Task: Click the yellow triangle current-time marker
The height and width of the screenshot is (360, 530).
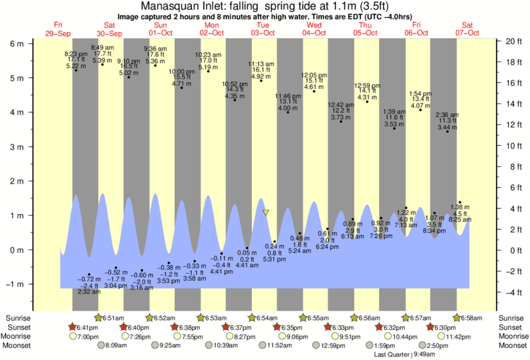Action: coord(266,212)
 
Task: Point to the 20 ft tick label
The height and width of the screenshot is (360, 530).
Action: coord(513,41)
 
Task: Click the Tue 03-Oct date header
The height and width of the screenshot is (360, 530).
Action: coord(263,28)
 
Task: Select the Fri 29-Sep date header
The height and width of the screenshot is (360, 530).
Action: coord(58,28)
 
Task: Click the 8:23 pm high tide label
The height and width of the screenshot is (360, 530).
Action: coord(76,53)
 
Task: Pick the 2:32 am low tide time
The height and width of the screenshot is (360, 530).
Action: coord(89,292)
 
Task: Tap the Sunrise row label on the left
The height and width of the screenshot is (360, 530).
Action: coord(17,318)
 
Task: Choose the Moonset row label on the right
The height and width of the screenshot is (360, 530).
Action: coord(513,345)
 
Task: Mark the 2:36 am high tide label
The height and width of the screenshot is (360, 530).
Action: coord(447,115)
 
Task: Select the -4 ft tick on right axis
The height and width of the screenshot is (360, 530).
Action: coord(512,292)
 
